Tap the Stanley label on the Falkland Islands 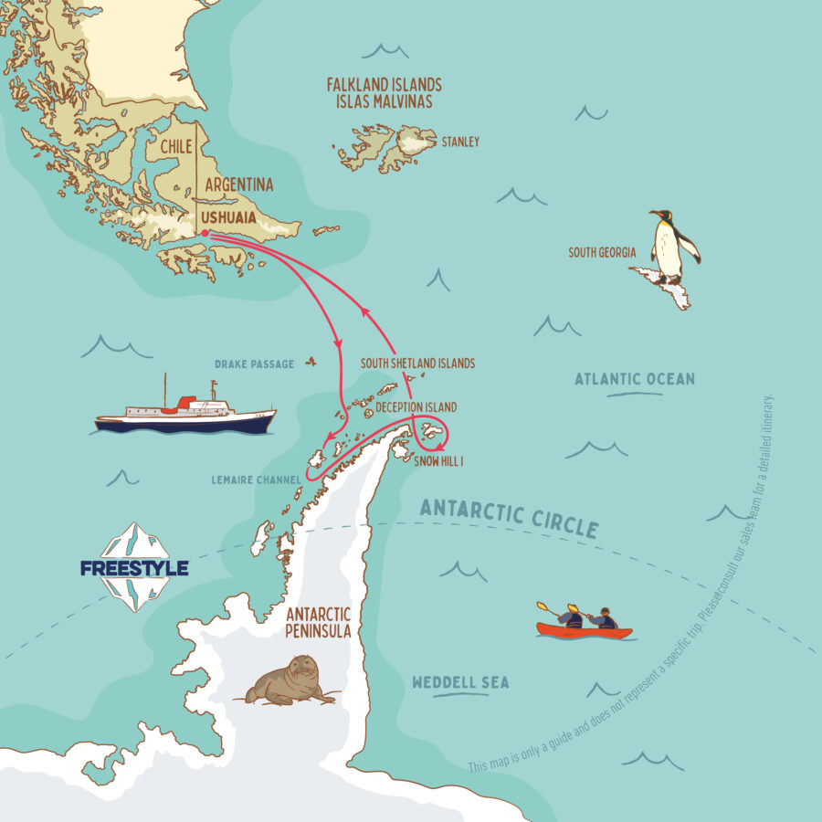click(460, 142)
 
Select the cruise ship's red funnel click(186, 401)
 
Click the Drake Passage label click(255, 364)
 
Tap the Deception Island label click(416, 407)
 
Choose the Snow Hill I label click(439, 462)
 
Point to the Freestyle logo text click(134, 568)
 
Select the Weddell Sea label click(460, 682)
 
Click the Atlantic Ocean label click(635, 379)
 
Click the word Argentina click(239, 185)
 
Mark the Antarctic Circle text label click(509, 516)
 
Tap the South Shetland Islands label click(417, 363)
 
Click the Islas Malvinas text click(385, 101)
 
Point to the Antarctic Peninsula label click(318, 622)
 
